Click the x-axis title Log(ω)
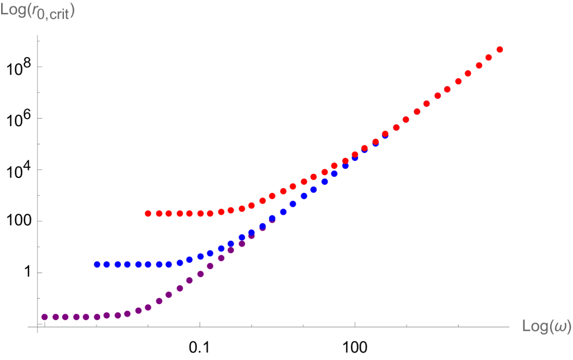[546, 326]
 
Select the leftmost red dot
[148, 213]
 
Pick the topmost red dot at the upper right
[499, 50]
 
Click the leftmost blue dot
[97, 265]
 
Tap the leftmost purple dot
[44, 317]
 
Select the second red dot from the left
[159, 213]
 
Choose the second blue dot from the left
[107, 265]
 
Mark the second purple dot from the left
[55, 317]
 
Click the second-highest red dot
[489, 58]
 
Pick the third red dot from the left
[169, 213]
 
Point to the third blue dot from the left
[117, 265]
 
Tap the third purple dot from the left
[66, 317]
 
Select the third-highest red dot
[479, 66]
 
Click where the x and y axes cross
[38, 327]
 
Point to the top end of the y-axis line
[38, 36]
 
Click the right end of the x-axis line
[510, 327]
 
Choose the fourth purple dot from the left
[76, 317]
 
